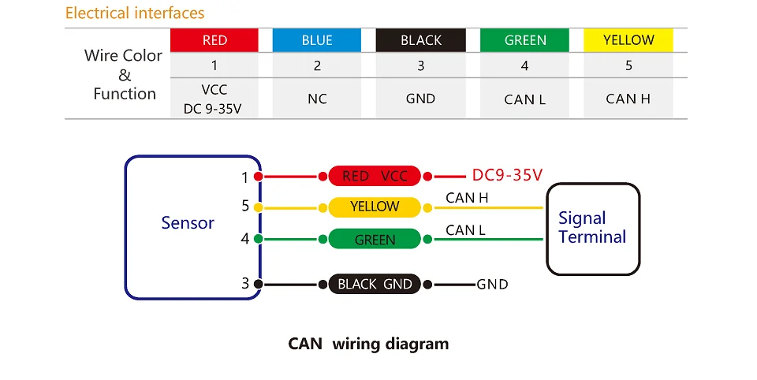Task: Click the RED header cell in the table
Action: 214,40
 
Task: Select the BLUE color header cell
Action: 317,40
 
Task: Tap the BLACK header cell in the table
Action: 421,40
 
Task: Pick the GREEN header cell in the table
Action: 525,40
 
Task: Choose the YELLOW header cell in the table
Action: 628,40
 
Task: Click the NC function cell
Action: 317,99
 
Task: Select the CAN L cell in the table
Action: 525,99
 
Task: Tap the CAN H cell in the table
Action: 628,99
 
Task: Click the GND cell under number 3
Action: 421,99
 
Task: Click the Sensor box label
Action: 188,223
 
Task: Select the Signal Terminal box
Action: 592,228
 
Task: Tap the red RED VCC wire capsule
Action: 375,176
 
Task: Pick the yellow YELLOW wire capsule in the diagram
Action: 375,207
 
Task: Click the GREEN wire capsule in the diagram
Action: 375,239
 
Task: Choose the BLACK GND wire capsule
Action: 375,284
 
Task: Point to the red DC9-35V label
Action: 507,175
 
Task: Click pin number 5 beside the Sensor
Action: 245,207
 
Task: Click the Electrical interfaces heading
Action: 135,13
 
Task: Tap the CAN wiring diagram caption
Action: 368,344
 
